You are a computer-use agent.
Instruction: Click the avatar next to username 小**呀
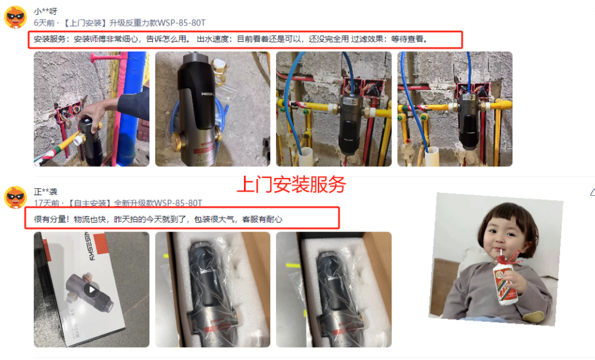pos(15,17)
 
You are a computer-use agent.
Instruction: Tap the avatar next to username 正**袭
pos(15,198)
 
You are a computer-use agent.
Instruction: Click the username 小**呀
pos(46,11)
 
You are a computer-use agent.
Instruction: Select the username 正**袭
pos(46,192)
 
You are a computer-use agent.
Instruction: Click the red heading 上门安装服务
pos(292,184)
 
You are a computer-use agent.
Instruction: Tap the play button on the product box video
pos(92,290)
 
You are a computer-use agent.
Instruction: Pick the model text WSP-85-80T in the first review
pos(181,23)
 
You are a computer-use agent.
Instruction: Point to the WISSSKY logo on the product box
pos(89,246)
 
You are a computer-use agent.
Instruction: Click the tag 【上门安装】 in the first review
pos(84,23)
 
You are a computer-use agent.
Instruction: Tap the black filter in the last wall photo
pos(469,121)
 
